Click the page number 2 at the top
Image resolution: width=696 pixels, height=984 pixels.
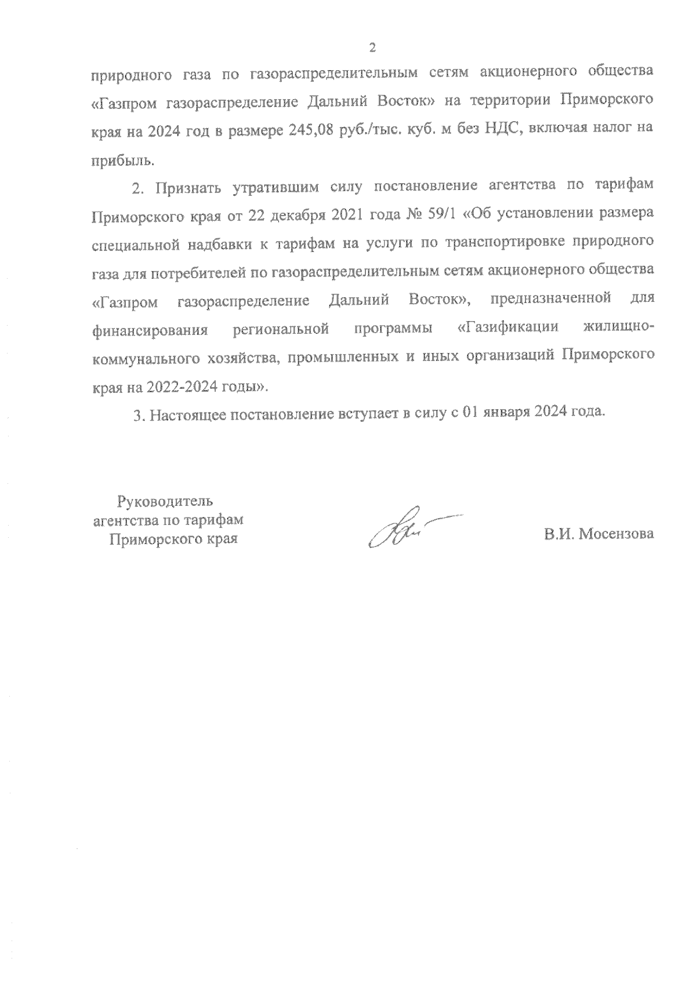click(373, 48)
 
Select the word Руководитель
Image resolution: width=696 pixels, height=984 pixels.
click(165, 500)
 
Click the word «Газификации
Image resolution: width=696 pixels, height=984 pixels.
click(507, 327)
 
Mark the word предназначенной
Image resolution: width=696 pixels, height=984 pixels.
click(550, 300)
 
